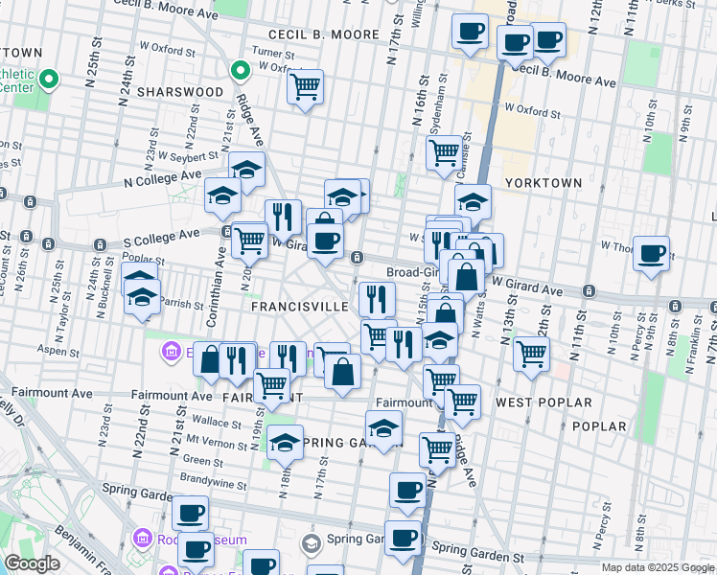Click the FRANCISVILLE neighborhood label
[299, 307]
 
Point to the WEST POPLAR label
[544, 402]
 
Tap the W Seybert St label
[188, 155]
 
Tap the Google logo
[33, 563]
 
